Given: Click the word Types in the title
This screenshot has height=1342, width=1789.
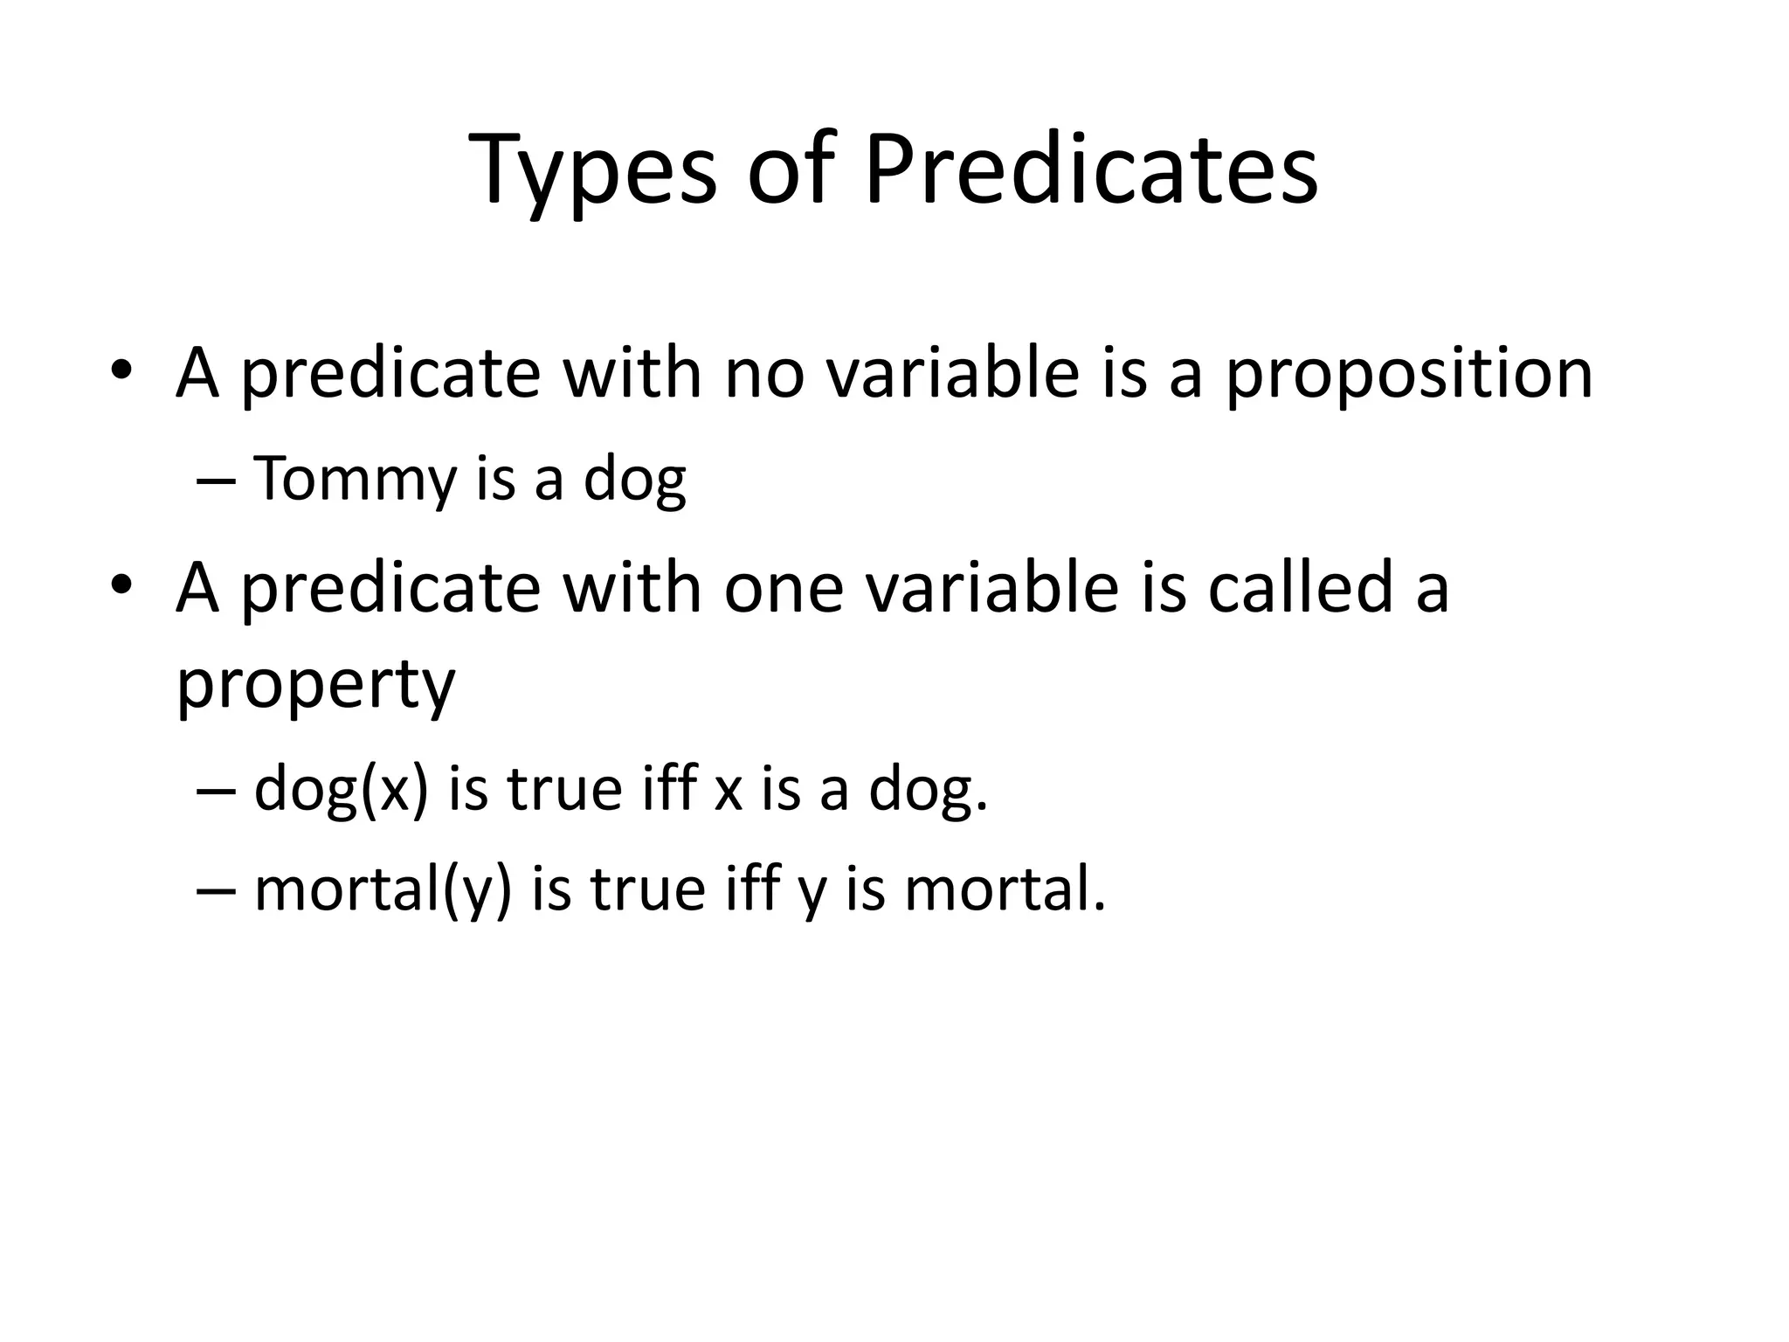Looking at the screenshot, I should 593,170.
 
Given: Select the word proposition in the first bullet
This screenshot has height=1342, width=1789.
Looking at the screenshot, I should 1409,375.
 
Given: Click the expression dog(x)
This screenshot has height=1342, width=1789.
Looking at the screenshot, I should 341,789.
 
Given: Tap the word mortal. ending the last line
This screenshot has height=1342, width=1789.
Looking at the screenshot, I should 1005,890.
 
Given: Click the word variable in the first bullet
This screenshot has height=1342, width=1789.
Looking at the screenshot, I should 952,375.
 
